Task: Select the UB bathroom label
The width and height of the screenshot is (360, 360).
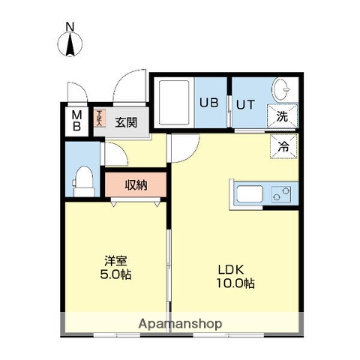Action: pos(209,103)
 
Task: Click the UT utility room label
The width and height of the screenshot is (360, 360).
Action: pos(245,103)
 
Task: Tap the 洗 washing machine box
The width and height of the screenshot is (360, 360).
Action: pos(283,116)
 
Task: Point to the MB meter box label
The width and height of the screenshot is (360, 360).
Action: pos(77,120)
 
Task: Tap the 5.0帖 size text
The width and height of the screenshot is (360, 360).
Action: pos(115,274)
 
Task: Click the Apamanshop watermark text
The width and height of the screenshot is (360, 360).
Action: pos(179,324)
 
